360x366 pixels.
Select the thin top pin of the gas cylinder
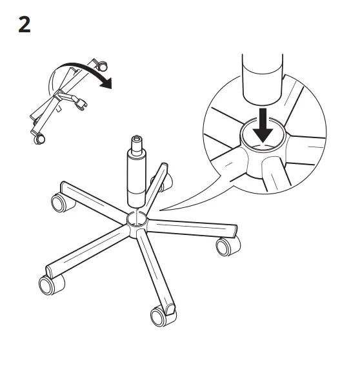137,140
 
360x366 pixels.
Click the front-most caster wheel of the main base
159,316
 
